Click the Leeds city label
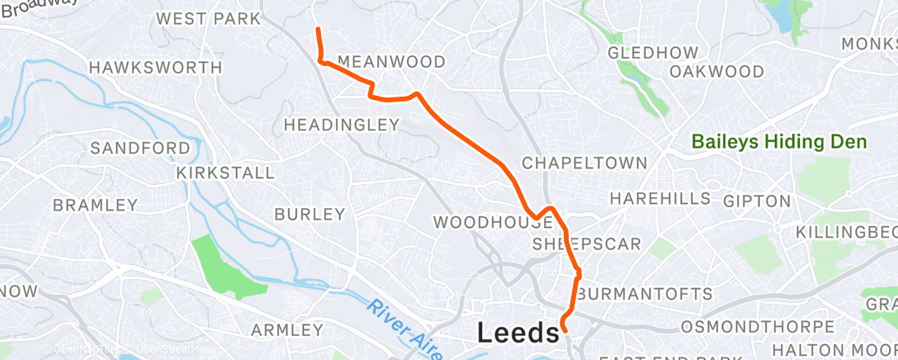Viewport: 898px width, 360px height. pyautogui.click(x=518, y=334)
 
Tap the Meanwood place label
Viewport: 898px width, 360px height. pyautogui.click(x=391, y=62)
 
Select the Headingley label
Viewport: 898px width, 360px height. pyautogui.click(x=341, y=125)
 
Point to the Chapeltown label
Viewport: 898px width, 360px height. pyautogui.click(x=584, y=163)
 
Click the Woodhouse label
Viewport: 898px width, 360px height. pyautogui.click(x=485, y=222)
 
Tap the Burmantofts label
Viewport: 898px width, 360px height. pyautogui.click(x=645, y=294)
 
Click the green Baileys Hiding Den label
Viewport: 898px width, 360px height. pyautogui.click(x=779, y=142)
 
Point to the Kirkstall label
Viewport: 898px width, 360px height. pyautogui.click(x=225, y=173)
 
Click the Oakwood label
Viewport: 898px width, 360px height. pyautogui.click(x=716, y=72)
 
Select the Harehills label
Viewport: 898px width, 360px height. pyautogui.click(x=659, y=198)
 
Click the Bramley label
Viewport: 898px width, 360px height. pyautogui.click(x=95, y=204)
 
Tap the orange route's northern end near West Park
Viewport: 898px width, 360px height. pyautogui.click(x=318, y=30)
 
